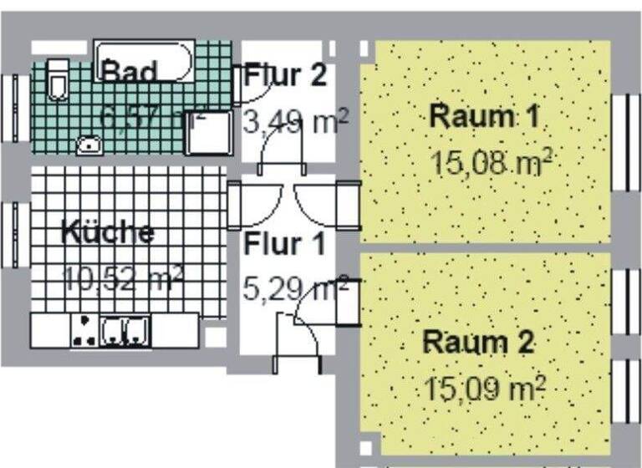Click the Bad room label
[x=129, y=72]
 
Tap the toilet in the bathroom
[x=57, y=79]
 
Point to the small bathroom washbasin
[x=89, y=144]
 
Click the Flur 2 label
[x=285, y=76]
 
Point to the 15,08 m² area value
[x=491, y=160]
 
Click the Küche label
[x=108, y=232]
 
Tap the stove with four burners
[x=84, y=331]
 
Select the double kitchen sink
[x=125, y=331]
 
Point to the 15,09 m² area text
[x=485, y=388]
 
